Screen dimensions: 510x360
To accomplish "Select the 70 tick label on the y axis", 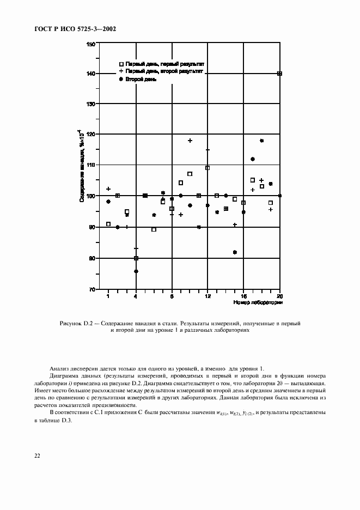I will [x=92, y=289].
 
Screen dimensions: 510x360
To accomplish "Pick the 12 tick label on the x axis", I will [x=208, y=296].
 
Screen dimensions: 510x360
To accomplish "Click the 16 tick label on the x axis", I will [x=243, y=296].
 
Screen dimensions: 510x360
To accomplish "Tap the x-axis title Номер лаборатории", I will [x=257, y=302].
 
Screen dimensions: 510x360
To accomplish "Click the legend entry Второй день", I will [x=141, y=79].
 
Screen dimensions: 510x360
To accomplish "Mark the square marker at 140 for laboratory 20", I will [x=279, y=74].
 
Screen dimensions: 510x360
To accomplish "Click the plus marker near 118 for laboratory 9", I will [x=190, y=141].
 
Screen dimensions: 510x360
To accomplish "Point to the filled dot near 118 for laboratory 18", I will [x=262, y=141].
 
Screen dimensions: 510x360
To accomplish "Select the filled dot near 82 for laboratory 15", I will [x=235, y=252].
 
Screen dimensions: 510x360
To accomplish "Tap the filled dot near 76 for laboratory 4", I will [x=136, y=271].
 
